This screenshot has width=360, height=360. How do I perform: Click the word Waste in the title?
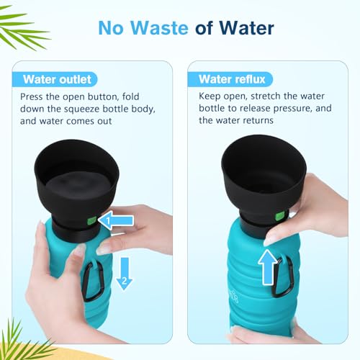(x=156, y=29)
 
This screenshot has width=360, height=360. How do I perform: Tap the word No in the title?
(x=112, y=29)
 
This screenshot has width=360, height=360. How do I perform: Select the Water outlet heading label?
(x=57, y=79)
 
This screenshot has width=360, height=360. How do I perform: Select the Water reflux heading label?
(x=224, y=79)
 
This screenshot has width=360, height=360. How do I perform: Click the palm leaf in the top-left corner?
(x=22, y=29)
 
